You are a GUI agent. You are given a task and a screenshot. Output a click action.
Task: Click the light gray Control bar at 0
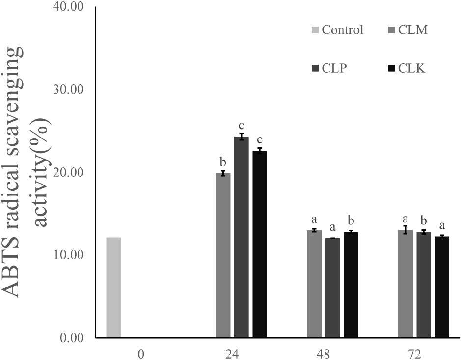tap(113, 287)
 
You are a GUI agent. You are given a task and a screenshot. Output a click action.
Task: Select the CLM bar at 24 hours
tap(223, 255)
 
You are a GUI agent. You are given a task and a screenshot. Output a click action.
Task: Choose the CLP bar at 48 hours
tap(332, 288)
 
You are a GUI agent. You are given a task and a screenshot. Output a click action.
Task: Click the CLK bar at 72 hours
tap(442, 287)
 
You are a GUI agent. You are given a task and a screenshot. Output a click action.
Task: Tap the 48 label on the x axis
tap(324, 354)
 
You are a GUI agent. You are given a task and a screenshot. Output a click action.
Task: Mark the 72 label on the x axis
tap(415, 354)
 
